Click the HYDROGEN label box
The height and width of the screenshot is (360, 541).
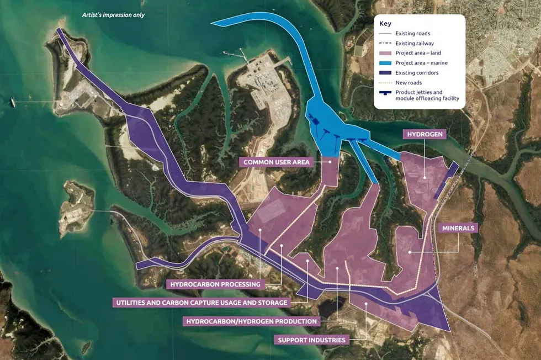pos(424,134)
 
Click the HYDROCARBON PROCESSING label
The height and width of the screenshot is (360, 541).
pos(215,284)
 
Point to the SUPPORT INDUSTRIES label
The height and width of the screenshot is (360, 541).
pos(312,340)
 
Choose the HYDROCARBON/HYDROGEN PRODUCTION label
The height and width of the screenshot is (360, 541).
pos(252,321)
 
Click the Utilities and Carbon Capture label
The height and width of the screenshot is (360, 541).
pos(200,303)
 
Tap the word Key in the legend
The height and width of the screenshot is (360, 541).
pos(386,24)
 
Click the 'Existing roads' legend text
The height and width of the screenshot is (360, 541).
pos(412,34)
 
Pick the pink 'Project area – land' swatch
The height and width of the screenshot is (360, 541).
pos(386,53)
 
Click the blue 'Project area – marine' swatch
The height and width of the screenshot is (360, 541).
pos(386,63)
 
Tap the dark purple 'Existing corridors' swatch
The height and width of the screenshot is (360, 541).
pos(386,73)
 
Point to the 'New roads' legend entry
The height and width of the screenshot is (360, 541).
pos(409,83)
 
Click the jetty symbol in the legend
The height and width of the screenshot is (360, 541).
pos(386,93)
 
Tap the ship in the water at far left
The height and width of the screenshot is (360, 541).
pos(12,102)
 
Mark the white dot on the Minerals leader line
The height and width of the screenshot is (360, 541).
pos(410,252)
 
